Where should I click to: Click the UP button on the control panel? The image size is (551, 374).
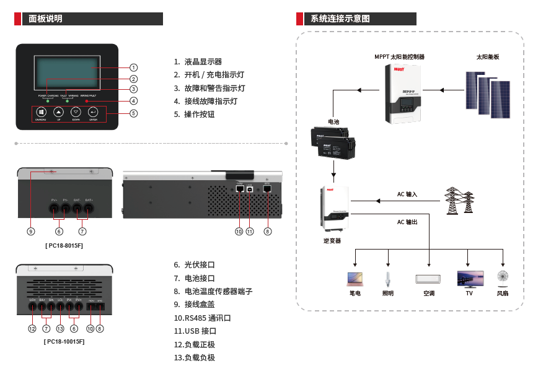(58, 112)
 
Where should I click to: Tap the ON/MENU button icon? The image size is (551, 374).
(41, 112)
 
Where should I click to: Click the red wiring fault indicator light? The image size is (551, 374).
(87, 101)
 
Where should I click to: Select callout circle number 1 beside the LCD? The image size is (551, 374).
(134, 67)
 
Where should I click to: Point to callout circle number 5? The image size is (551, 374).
(134, 113)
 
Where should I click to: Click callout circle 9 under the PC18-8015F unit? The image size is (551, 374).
(31, 232)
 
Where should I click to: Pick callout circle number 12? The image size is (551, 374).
(32, 328)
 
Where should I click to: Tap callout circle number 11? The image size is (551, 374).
(250, 232)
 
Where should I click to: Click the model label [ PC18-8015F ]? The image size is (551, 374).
(64, 246)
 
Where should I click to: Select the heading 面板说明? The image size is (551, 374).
(46, 19)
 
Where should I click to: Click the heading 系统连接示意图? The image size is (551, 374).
(341, 19)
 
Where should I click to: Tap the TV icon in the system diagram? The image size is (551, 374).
(469, 278)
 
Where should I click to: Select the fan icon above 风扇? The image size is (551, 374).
(503, 277)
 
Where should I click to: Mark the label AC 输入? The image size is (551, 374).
(407, 194)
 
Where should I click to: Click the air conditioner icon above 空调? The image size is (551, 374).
(429, 279)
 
